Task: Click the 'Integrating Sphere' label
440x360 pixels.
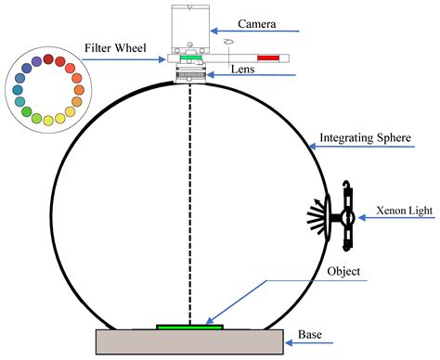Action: point(366,138)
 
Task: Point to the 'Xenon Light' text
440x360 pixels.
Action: point(399,211)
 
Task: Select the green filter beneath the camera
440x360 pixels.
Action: point(191,58)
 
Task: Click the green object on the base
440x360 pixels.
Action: point(189,327)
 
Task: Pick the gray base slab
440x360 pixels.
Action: point(190,341)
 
